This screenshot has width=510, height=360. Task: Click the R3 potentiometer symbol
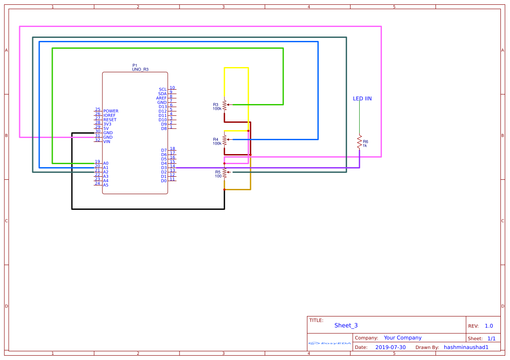click(x=225, y=105)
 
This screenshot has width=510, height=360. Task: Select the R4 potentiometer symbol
click(x=225, y=140)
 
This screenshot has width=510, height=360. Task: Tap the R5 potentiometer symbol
click(x=225, y=172)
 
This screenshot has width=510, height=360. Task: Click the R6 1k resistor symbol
click(x=359, y=142)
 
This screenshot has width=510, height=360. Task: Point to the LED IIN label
click(x=362, y=99)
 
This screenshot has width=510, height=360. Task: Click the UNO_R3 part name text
click(x=140, y=69)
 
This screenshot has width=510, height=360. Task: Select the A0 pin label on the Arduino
click(x=106, y=163)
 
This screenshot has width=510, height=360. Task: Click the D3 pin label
click(x=164, y=168)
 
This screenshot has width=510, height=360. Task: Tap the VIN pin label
click(x=107, y=141)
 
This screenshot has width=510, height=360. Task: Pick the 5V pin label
click(x=106, y=128)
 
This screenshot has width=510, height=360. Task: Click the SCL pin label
click(x=162, y=89)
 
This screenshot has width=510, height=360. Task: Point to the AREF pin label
click(x=161, y=98)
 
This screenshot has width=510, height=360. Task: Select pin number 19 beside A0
click(x=98, y=161)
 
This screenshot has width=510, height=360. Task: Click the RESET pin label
click(x=110, y=120)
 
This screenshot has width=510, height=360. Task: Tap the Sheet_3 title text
click(x=346, y=326)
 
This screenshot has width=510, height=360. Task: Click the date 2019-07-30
click(x=390, y=347)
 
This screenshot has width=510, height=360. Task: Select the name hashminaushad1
click(x=466, y=347)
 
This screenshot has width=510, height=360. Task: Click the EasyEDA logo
click(x=330, y=343)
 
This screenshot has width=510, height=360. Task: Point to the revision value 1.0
click(x=489, y=326)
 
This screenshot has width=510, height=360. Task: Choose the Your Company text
click(x=402, y=338)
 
